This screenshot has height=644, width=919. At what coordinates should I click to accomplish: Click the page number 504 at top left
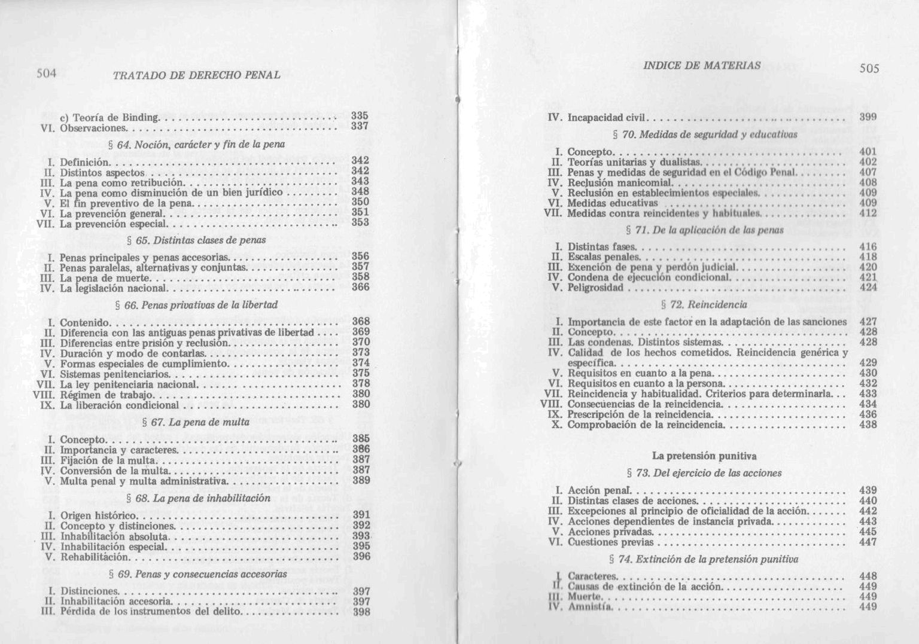coord(46,74)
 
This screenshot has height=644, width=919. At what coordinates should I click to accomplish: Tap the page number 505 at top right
coord(869,68)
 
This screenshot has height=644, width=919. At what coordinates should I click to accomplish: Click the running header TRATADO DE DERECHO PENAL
coord(196,75)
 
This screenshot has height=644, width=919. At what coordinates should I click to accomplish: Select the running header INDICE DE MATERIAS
coord(702,65)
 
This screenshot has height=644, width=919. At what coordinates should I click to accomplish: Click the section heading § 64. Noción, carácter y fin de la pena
coord(193,144)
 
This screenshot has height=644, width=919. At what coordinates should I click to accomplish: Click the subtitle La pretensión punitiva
coord(704,456)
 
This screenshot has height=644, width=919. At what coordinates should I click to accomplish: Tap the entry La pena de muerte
coord(105,278)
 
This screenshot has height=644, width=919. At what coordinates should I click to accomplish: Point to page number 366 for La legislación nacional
coord(360,287)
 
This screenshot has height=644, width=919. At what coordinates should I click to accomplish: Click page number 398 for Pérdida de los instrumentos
coord(361,612)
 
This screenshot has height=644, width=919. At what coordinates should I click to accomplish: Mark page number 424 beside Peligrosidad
coord(868,288)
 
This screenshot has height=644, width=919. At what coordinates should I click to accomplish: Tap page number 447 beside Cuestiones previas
coord(868,542)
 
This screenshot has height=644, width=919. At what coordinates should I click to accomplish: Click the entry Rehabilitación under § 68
coord(95,557)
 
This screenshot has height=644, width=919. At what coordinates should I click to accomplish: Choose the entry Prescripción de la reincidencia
coord(639,414)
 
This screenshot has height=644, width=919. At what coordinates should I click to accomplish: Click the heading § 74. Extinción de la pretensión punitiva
coord(704,560)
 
